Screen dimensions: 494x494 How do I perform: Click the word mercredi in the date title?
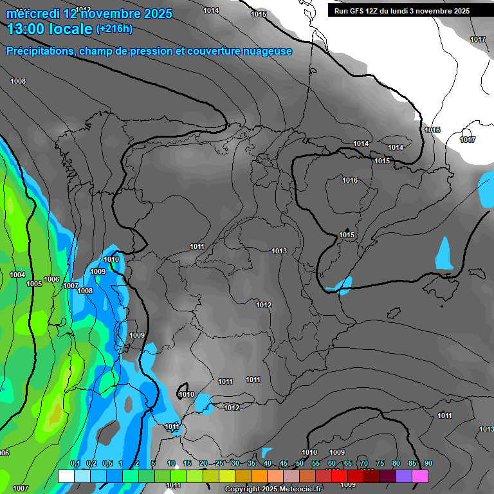33,14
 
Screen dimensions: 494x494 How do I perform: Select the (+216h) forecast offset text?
114,29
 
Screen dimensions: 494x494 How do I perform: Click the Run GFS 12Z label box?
401,11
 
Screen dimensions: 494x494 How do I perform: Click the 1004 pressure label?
18,275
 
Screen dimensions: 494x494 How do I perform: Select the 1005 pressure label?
34,284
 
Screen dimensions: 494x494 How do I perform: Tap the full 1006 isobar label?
51,279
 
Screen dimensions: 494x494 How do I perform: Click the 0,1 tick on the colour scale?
75,464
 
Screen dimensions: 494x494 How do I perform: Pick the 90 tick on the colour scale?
428,464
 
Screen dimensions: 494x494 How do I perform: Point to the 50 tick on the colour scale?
300,464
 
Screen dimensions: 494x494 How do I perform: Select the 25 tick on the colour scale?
219,464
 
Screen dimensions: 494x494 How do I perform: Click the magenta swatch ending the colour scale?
420,476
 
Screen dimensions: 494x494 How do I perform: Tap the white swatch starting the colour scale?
66,476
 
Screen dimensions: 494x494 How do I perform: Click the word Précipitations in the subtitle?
39,51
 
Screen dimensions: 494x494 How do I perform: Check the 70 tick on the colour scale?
364,464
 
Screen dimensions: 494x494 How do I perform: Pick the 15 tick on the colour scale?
187,464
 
